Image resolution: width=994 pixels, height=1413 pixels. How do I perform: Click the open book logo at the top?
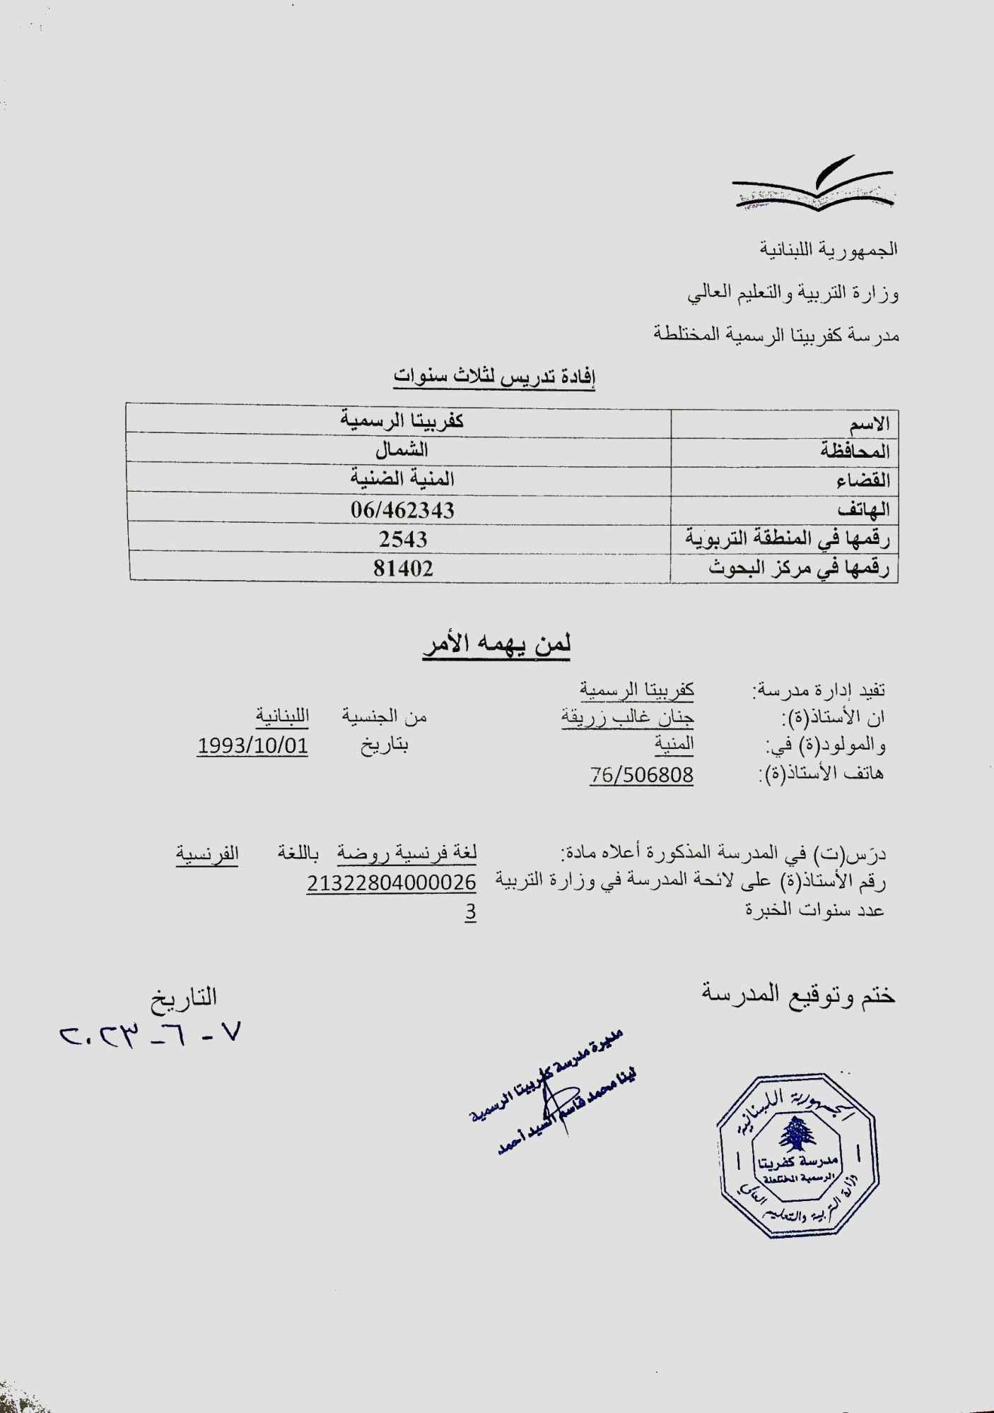pyautogui.click(x=813, y=189)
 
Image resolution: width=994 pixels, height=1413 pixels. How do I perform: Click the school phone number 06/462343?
pyautogui.click(x=402, y=509)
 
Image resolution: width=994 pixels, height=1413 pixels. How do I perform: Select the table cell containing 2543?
pyautogui.click(x=403, y=539)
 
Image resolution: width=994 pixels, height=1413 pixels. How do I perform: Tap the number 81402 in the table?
pyautogui.click(x=403, y=568)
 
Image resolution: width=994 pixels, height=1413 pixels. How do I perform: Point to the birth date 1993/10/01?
pyautogui.click(x=252, y=746)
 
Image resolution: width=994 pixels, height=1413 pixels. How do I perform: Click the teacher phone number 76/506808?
pyautogui.click(x=641, y=776)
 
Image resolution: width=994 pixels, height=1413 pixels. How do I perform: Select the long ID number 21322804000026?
pyautogui.click(x=391, y=882)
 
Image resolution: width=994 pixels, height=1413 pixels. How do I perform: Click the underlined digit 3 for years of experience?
pyautogui.click(x=470, y=912)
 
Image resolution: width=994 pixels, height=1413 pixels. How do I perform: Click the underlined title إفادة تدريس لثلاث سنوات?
pyautogui.click(x=494, y=378)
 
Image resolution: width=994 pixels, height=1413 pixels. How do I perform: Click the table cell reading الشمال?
pyautogui.click(x=402, y=450)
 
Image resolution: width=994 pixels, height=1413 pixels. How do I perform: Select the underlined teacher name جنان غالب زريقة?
pyautogui.click(x=627, y=718)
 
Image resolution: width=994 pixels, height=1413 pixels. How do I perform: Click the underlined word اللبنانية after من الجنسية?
pyautogui.click(x=282, y=716)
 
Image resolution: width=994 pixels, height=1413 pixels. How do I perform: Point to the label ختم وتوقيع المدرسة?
pyautogui.click(x=798, y=995)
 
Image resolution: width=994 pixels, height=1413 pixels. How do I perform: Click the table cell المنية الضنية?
pyautogui.click(x=402, y=479)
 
